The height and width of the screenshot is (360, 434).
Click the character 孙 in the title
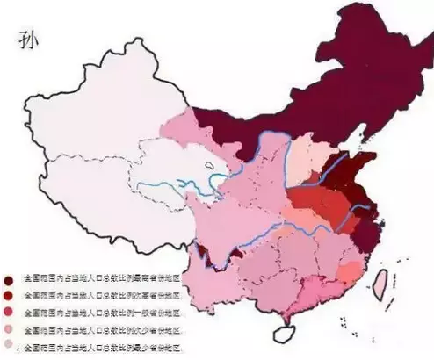(22, 40)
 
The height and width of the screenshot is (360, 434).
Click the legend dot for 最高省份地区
(9, 279)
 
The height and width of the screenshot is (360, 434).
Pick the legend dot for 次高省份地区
(9, 296)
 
